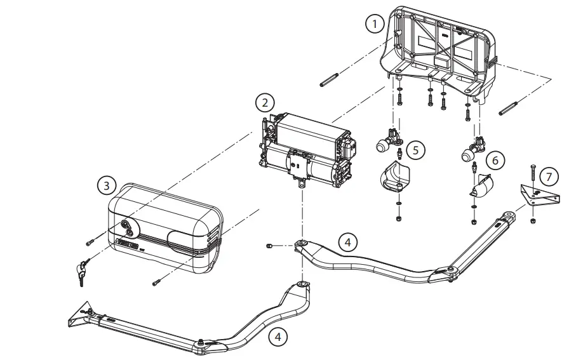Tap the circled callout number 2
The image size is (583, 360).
(265, 102)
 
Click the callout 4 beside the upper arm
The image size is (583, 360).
(346, 242)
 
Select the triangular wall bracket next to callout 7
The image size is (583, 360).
(539, 195)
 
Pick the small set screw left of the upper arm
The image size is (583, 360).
(269, 245)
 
